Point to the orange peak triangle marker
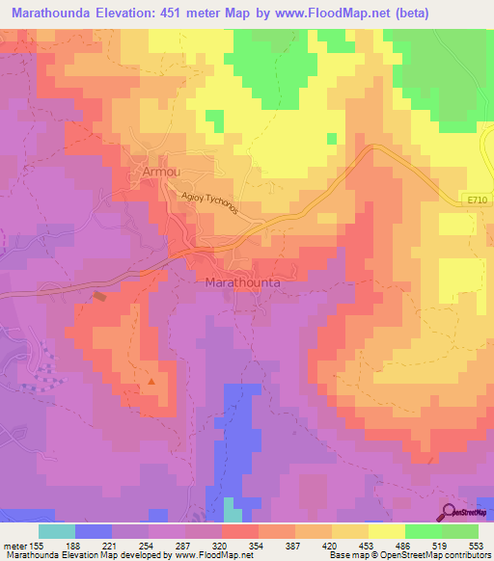point(151,383)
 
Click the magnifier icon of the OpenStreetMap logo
point(449,512)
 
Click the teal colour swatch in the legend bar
point(57,531)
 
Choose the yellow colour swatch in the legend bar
point(385,531)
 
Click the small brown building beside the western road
point(99,297)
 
